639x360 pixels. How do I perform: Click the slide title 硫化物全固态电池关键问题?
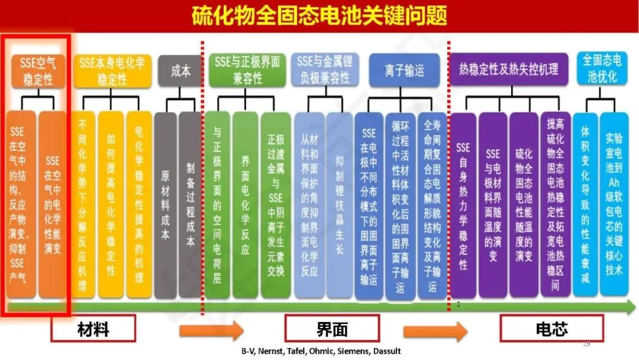tap(319, 16)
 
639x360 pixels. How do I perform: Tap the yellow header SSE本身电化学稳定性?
tap(112, 70)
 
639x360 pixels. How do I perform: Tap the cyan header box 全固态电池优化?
tap(601, 68)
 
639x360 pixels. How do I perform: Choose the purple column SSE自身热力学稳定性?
tap(463, 204)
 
